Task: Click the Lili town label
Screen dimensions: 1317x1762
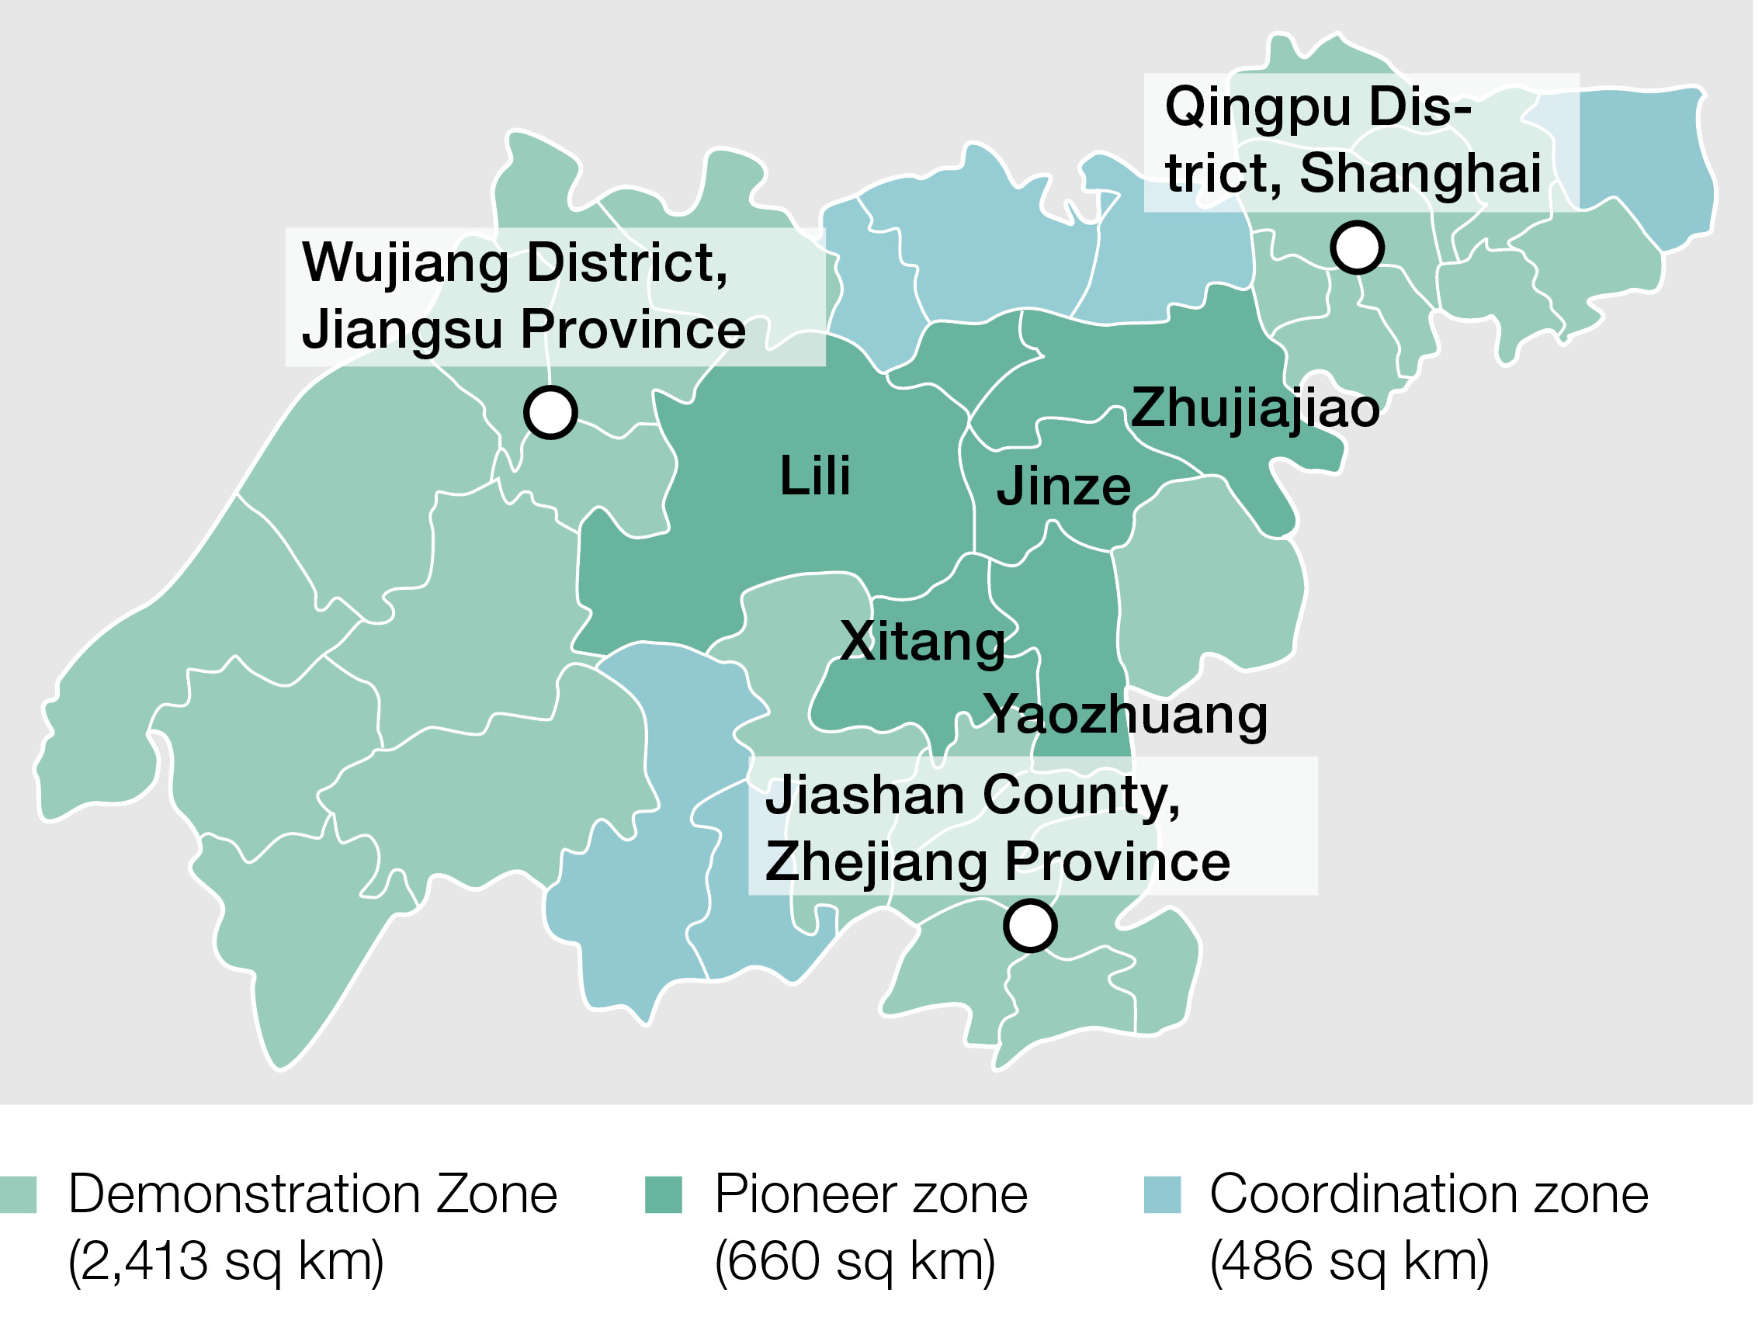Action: (x=815, y=477)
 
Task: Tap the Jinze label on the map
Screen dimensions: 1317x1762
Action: (x=1063, y=487)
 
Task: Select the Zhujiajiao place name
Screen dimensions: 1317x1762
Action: (x=1254, y=408)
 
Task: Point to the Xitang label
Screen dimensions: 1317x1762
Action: (x=922, y=642)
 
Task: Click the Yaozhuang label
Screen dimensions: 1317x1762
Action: (x=1126, y=715)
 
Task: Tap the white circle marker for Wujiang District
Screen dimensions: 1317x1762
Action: (x=550, y=412)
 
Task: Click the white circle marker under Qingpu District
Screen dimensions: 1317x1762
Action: (x=1358, y=248)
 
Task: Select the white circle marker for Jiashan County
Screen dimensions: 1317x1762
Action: (x=1030, y=926)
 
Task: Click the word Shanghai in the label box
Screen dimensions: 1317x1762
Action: (x=1420, y=174)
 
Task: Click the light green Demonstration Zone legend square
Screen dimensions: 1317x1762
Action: (x=19, y=1194)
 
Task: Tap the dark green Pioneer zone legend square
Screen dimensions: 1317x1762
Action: (x=664, y=1194)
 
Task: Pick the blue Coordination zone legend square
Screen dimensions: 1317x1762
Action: (x=1162, y=1194)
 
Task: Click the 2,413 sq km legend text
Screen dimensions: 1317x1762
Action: (x=226, y=1261)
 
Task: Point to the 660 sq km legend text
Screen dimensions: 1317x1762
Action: (x=855, y=1261)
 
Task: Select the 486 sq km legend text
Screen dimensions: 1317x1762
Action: (x=1348, y=1261)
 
